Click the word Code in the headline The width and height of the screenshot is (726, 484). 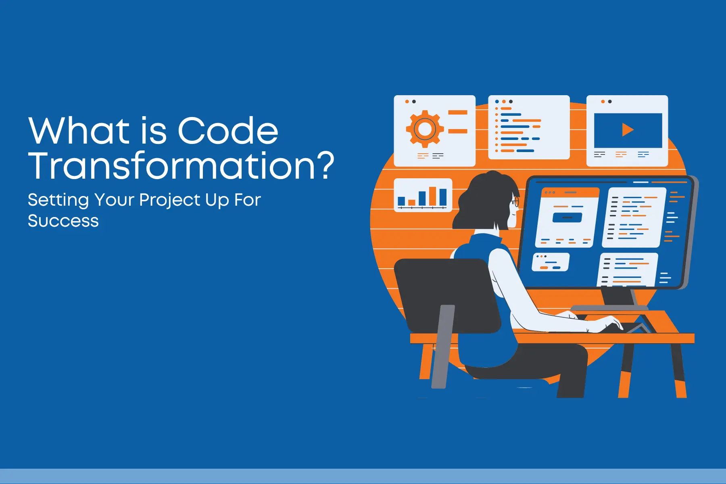pyautogui.click(x=228, y=131)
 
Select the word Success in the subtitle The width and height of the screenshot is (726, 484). pyautogui.click(x=63, y=221)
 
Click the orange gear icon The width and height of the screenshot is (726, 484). pyautogui.click(x=425, y=129)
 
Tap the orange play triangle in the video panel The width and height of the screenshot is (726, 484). pyautogui.click(x=628, y=130)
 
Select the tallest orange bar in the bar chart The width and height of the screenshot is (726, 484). pyautogui.click(x=432, y=196)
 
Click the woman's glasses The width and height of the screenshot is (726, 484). pyautogui.click(x=515, y=201)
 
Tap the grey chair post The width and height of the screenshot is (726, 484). pyautogui.click(x=443, y=347)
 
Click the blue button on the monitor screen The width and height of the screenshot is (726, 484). pyautogui.click(x=567, y=218)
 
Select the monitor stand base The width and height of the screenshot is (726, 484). pyautogui.click(x=609, y=308)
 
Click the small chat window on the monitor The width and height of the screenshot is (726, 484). pyautogui.click(x=551, y=262)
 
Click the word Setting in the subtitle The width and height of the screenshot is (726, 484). pyautogui.click(x=58, y=200)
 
